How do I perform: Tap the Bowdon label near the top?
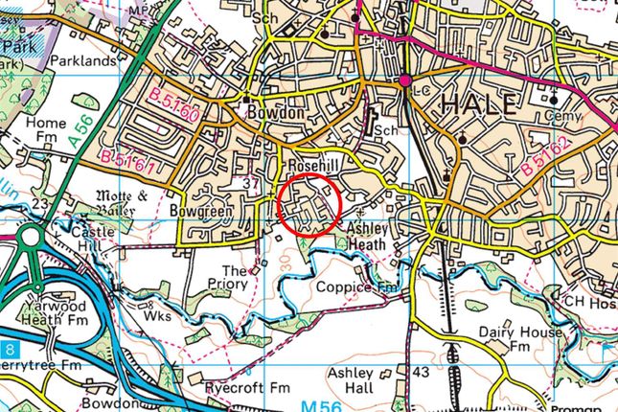pos(275,112)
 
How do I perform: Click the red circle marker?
pos(309,204)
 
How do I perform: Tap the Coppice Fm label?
pos(357,286)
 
